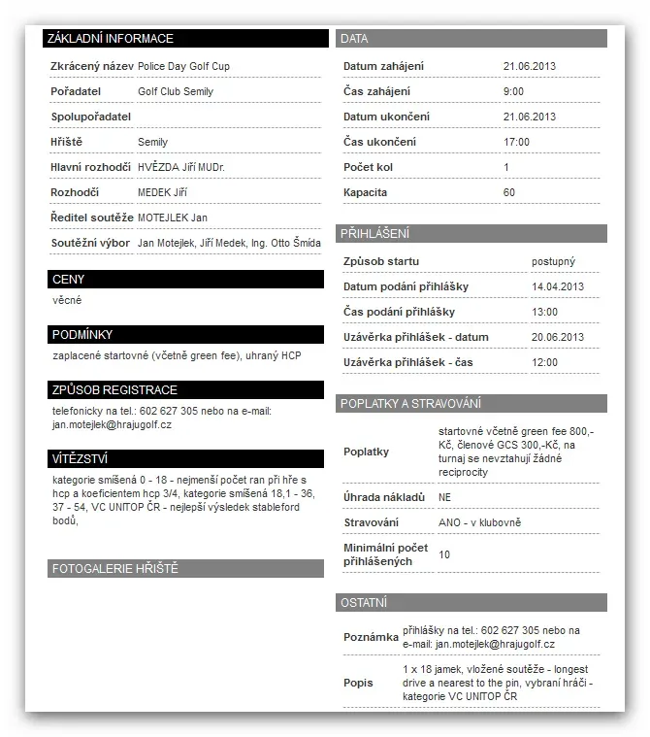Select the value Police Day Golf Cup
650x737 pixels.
pyautogui.click(x=183, y=66)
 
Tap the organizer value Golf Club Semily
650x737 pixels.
pyautogui.click(x=176, y=91)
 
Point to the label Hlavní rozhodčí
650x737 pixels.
pyautogui.click(x=90, y=167)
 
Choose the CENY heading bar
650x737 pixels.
pyautogui.click(x=184, y=280)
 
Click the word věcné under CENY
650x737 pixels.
pyautogui.click(x=67, y=301)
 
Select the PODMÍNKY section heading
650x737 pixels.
pyautogui.click(x=184, y=335)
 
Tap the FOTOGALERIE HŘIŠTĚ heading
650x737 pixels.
pyautogui.click(x=184, y=569)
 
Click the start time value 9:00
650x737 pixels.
pyautogui.click(x=513, y=91)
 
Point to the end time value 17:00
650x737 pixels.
pyautogui.click(x=516, y=142)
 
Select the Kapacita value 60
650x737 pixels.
pyautogui.click(x=509, y=192)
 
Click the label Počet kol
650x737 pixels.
pyautogui.click(x=368, y=167)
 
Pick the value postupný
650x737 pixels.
pyautogui.click(x=553, y=261)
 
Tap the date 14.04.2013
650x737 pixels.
pyautogui.click(x=558, y=286)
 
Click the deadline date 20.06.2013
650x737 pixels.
pyautogui.click(x=558, y=337)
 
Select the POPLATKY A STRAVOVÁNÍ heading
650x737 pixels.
pyautogui.click(x=471, y=403)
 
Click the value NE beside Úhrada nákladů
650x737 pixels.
pyautogui.click(x=445, y=497)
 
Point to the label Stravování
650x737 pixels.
pyautogui.click(x=372, y=522)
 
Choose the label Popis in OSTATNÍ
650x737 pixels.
pyautogui.click(x=358, y=683)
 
